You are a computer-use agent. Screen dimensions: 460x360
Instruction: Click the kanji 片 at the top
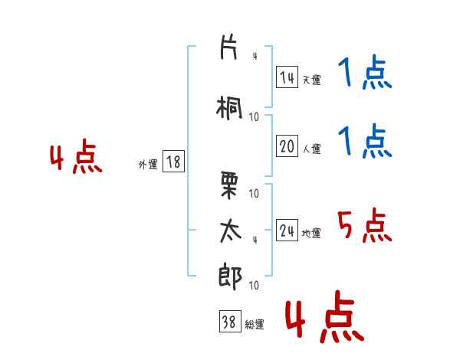228,47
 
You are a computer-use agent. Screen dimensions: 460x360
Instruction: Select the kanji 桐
229,108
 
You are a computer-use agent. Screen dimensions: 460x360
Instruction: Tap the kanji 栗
228,185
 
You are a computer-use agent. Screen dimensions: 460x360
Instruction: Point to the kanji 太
230,231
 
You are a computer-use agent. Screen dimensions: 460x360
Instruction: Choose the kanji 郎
230,277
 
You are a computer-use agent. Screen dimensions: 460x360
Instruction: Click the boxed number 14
287,77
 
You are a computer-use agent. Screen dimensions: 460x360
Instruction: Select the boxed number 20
287,146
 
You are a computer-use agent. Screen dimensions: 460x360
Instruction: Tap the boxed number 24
287,231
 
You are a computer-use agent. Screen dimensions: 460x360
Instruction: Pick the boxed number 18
173,162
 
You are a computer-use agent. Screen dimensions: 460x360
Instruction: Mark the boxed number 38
230,321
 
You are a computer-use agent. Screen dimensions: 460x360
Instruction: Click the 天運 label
311,80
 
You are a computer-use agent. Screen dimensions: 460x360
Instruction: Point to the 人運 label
311,149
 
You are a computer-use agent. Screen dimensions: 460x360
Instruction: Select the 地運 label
311,233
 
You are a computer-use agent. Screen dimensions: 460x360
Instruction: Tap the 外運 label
148,165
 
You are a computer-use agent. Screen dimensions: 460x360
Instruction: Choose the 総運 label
255,325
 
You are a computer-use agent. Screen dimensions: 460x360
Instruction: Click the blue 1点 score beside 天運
365,72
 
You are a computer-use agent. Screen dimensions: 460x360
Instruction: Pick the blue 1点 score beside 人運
365,141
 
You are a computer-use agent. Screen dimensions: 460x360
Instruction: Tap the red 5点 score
365,225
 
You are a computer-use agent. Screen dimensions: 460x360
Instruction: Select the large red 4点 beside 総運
325,316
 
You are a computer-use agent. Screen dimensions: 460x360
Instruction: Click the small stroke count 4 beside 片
255,56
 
